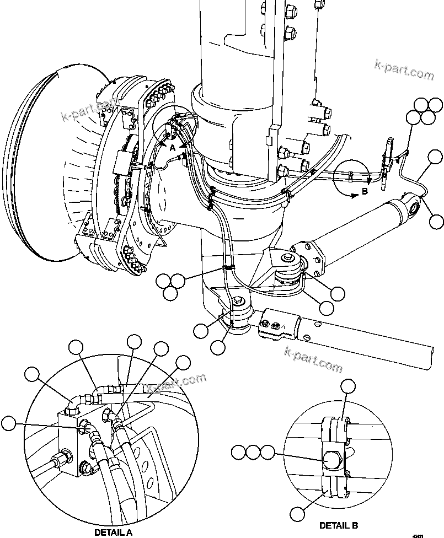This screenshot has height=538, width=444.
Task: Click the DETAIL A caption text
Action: [x=113, y=532]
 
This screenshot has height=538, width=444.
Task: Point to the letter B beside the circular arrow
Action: [x=364, y=191]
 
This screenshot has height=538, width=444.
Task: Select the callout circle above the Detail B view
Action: [x=347, y=386]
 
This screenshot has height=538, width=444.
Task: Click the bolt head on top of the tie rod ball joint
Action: [x=239, y=302]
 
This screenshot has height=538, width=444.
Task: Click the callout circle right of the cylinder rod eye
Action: [x=436, y=222]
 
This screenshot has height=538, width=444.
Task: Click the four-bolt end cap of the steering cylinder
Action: [x=310, y=258]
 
